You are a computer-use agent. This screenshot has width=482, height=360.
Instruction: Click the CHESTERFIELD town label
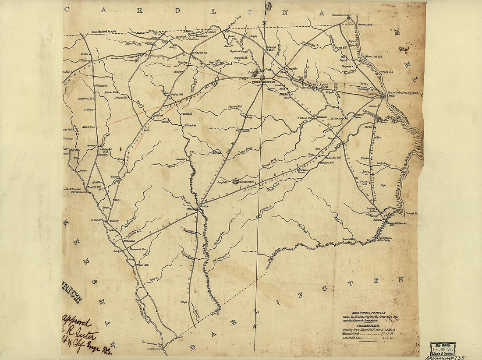[x=263, y=82]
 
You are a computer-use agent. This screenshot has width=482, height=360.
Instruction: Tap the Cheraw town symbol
[x=382, y=96]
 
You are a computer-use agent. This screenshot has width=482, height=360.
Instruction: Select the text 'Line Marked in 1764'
[x=104, y=32]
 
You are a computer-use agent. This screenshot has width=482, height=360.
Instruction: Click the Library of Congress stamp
[x=443, y=349]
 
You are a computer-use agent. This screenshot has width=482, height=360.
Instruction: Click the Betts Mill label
[x=144, y=265]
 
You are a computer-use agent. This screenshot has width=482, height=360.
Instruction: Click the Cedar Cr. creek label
[x=153, y=279]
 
